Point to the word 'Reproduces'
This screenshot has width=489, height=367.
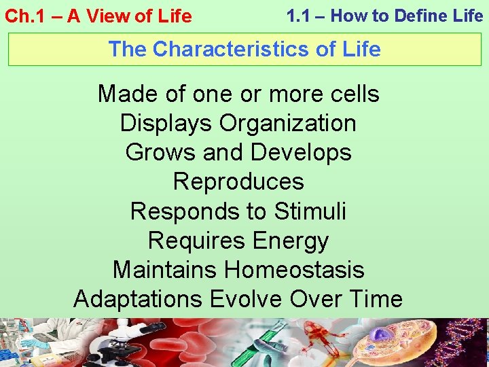click(x=238, y=181)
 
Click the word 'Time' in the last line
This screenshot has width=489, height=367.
click(x=374, y=299)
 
